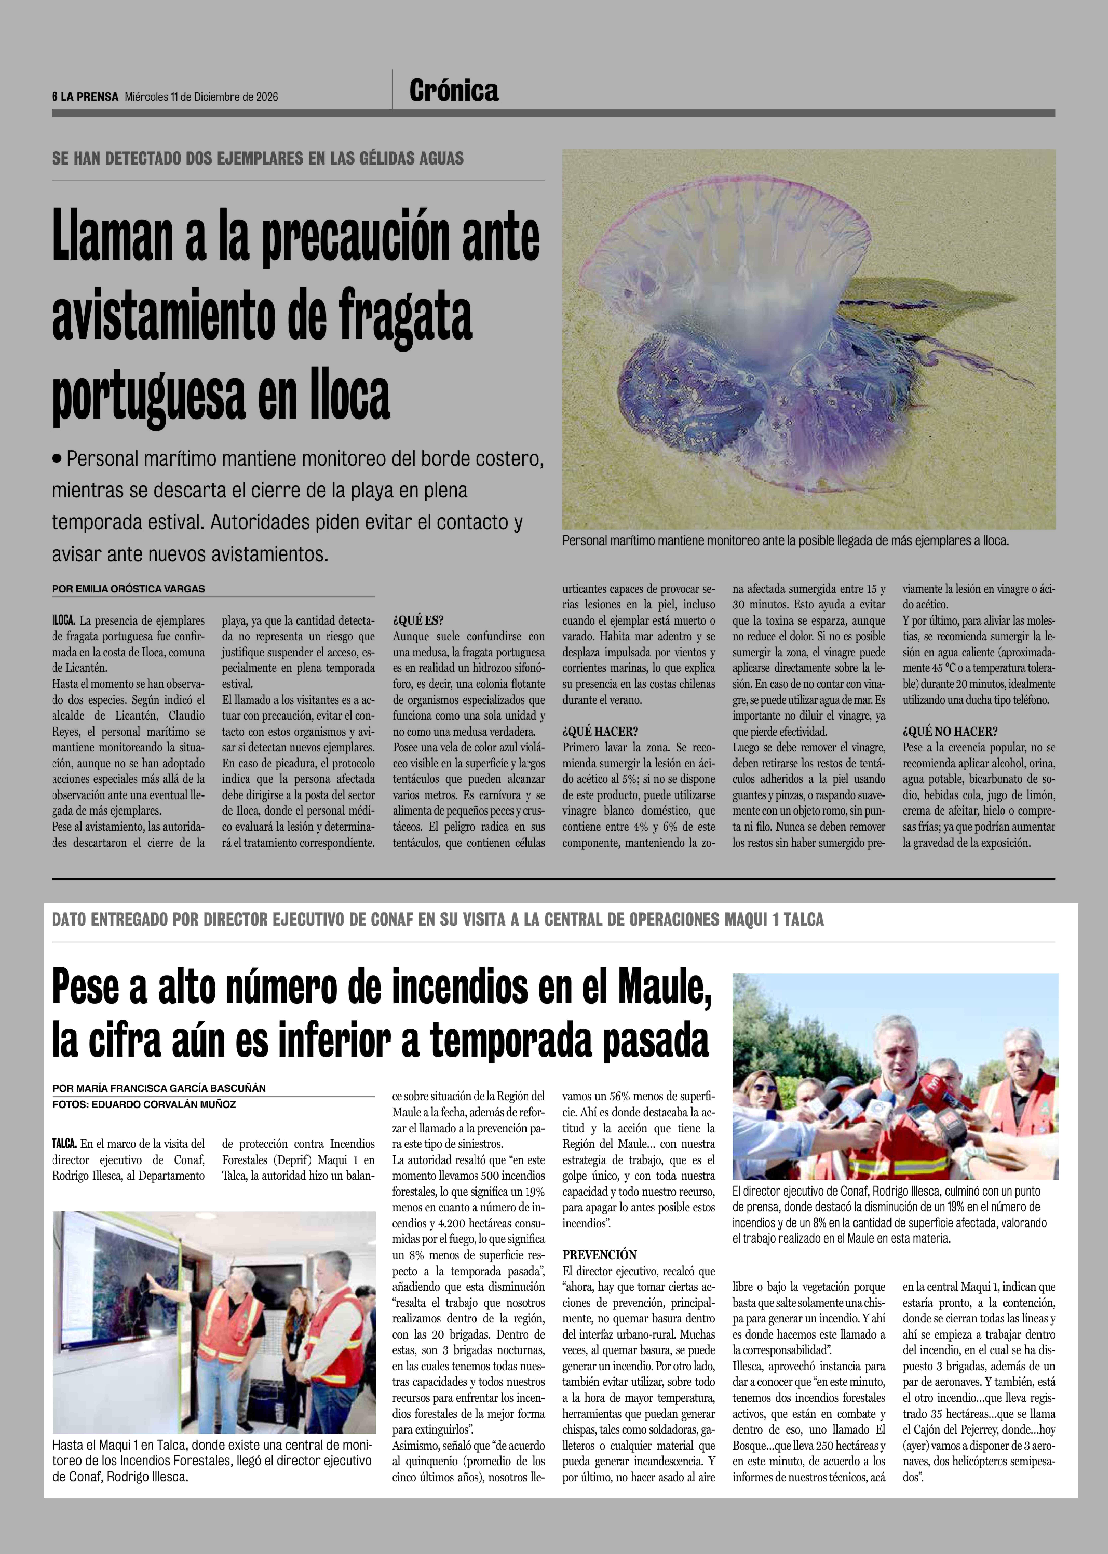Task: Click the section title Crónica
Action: (454, 91)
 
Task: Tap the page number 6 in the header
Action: (55, 97)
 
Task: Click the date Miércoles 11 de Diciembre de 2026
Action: (201, 97)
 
